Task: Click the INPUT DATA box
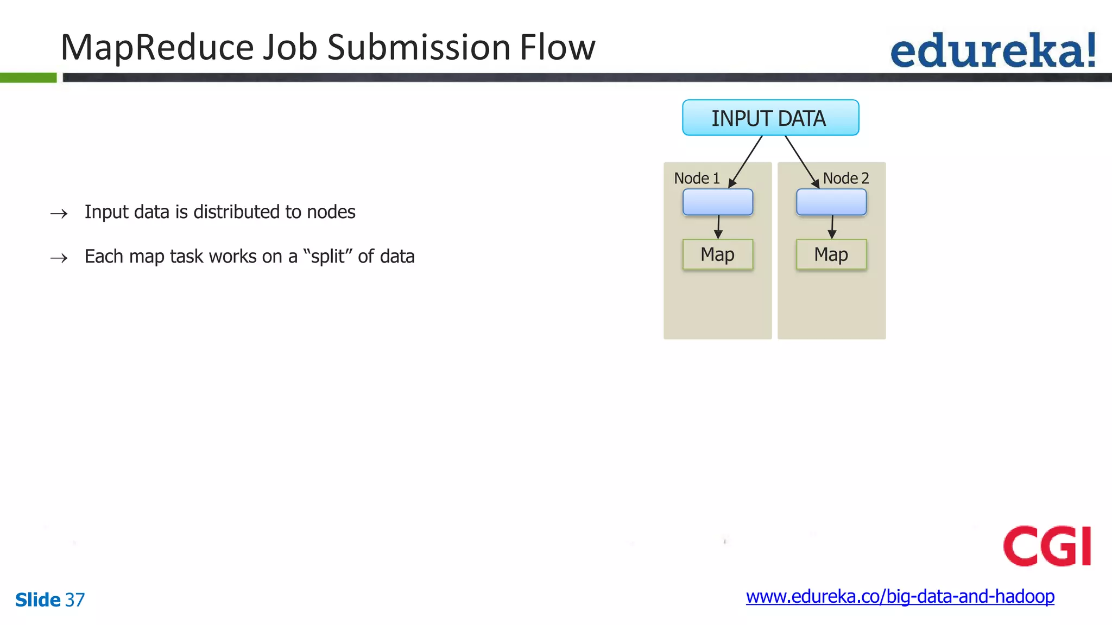770,118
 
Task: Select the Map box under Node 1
717,254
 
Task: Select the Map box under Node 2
831,254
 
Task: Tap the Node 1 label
697,178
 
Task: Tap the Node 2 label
845,178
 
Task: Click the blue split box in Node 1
717,202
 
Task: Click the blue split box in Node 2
831,202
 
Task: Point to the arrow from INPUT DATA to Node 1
746,161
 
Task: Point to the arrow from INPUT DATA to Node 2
801,161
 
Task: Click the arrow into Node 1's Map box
718,227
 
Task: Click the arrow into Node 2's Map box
832,227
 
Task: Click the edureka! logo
993,51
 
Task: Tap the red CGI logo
1046,546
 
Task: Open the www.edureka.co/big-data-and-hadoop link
900,597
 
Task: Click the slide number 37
75,600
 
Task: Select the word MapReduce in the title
157,48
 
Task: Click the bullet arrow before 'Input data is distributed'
59,214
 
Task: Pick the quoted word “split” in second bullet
327,256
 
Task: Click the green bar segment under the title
28,78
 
